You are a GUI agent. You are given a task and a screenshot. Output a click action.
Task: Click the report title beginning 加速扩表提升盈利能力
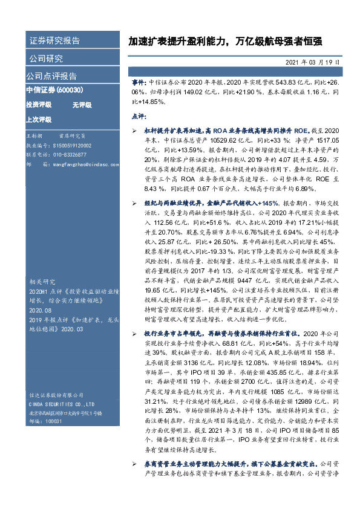coord(224,42)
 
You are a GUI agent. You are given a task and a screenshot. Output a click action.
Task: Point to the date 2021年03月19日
coord(313,62)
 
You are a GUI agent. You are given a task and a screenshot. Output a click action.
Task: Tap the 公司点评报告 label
coord(51,76)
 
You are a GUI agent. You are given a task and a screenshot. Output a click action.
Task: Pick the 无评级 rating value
coord(82,105)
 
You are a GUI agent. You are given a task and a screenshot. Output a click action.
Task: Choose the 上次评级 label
coord(39,119)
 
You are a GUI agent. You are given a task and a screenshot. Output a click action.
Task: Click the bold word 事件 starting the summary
coord(139,80)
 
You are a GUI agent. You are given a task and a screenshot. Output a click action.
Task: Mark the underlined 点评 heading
coord(138,115)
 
